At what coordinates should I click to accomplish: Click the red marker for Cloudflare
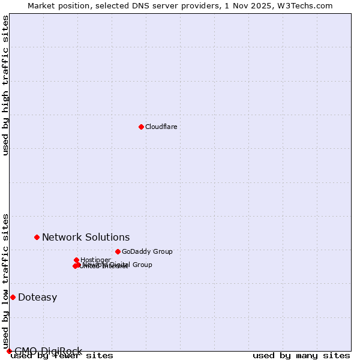(x=141, y=127)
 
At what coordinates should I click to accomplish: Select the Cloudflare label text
(x=161, y=127)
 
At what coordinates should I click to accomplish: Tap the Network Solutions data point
(x=37, y=237)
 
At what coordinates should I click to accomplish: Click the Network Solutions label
(x=86, y=237)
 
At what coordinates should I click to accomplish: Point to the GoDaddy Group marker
(x=118, y=251)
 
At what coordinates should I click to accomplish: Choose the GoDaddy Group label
(x=147, y=251)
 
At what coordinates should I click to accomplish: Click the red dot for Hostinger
(x=76, y=260)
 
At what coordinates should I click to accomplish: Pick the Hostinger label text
(x=95, y=260)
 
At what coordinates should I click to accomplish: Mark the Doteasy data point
(x=13, y=297)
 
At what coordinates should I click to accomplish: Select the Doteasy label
(x=37, y=297)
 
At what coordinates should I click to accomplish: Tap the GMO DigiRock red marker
(x=9, y=351)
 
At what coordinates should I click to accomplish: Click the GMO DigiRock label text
(x=48, y=351)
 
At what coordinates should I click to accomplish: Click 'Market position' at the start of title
(x=55, y=6)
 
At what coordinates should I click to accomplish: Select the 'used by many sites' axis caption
(x=301, y=356)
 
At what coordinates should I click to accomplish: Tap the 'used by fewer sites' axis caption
(x=62, y=356)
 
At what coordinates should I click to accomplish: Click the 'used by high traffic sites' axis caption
(x=5, y=85)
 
